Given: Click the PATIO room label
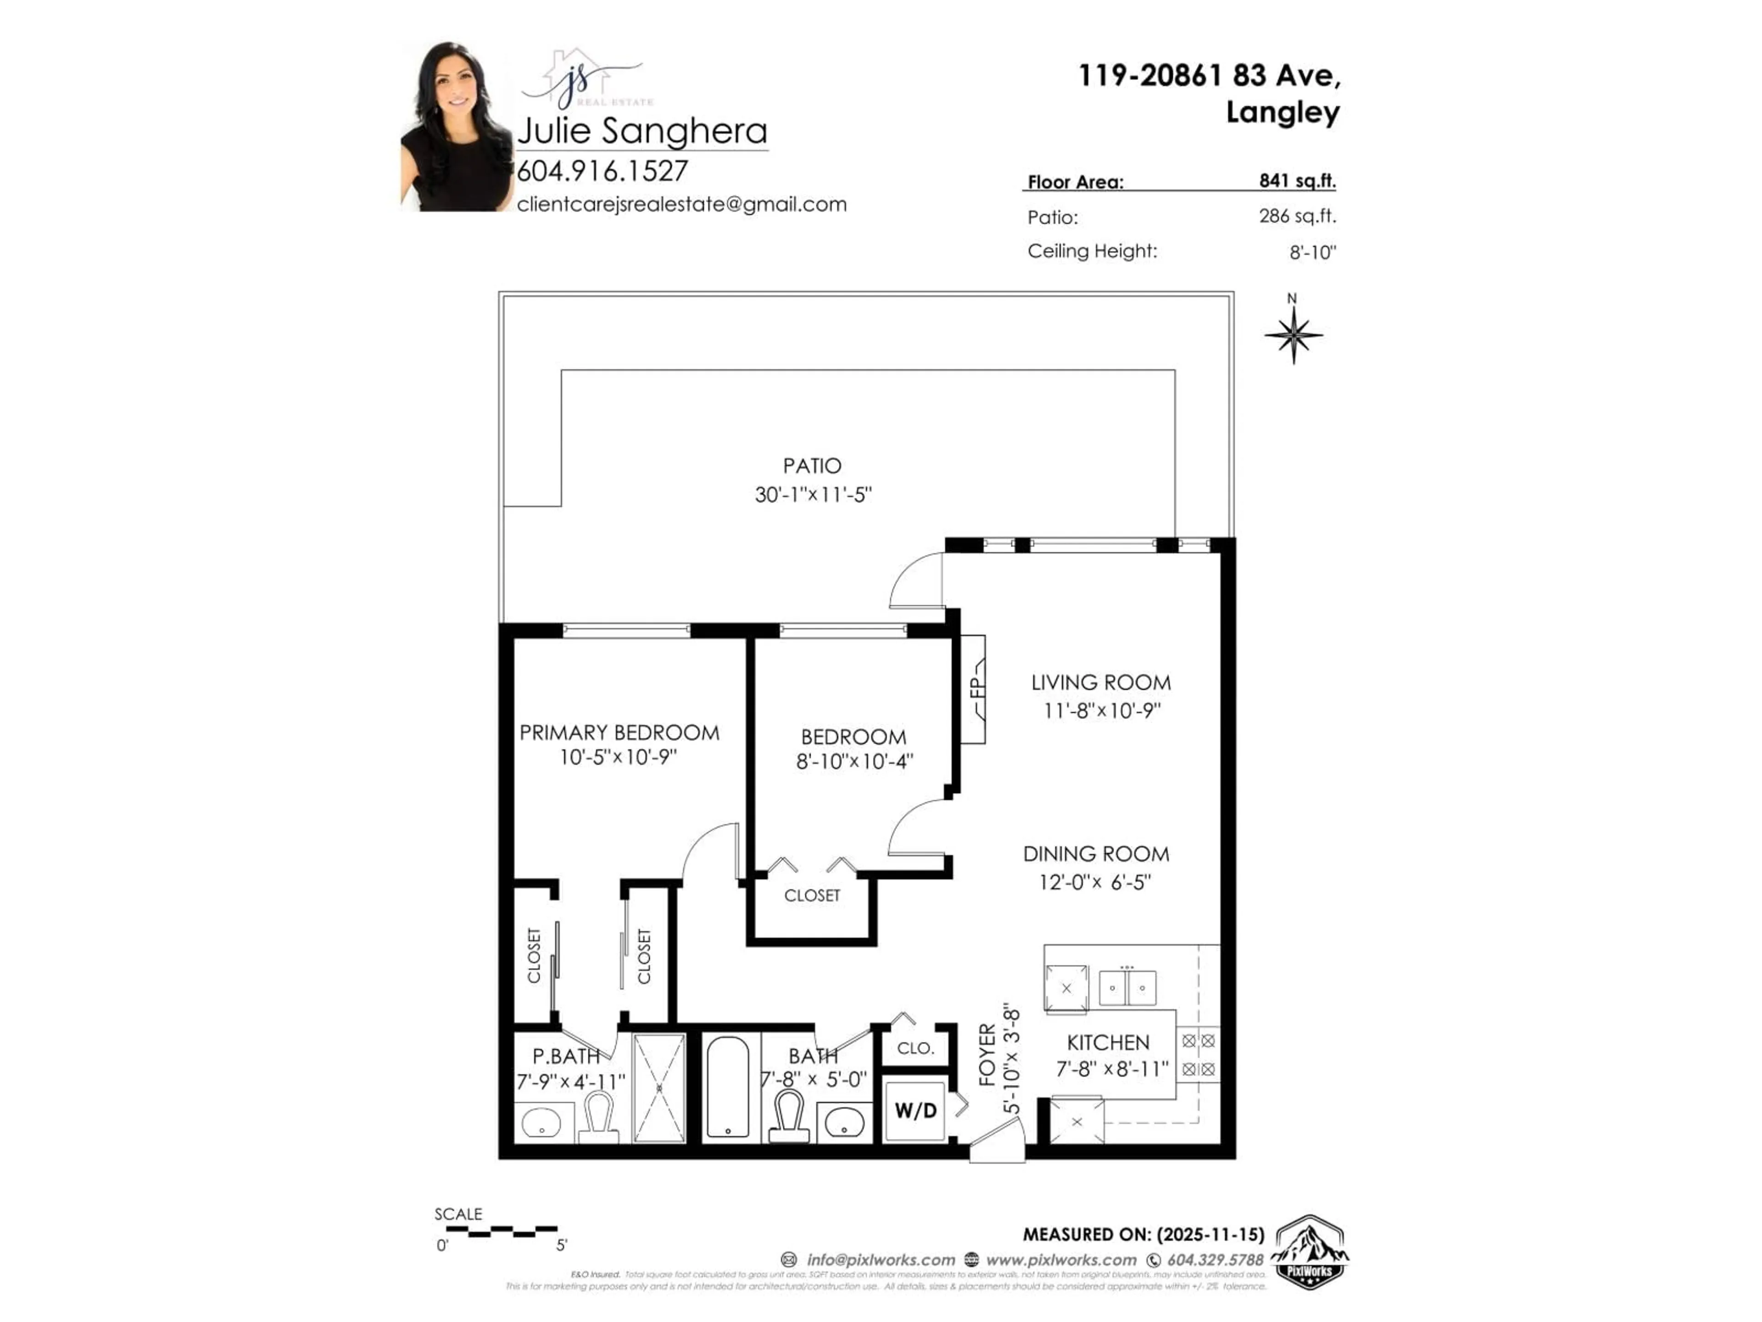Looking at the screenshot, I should pyautogui.click(x=812, y=465).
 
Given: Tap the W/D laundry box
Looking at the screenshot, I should pyautogui.click(x=915, y=1110).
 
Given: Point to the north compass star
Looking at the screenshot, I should pyautogui.click(x=1293, y=335).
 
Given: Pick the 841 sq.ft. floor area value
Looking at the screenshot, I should pyautogui.click(x=1297, y=181).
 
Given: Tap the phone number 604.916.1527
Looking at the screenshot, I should pyautogui.click(x=602, y=171).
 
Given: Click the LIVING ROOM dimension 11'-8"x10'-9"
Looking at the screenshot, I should pyautogui.click(x=1102, y=711).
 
